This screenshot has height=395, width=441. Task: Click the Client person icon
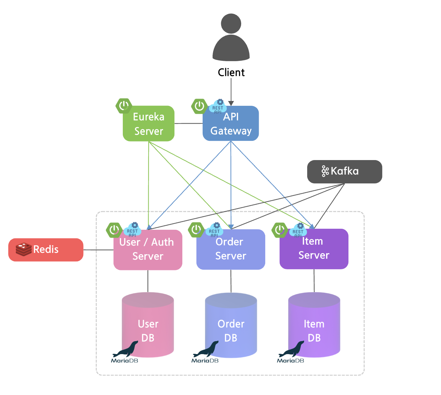(x=231, y=38)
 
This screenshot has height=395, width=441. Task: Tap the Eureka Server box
(x=149, y=124)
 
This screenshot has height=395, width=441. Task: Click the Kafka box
(x=344, y=171)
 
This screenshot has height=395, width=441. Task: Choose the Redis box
(x=46, y=250)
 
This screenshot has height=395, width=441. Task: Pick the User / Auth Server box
(x=148, y=250)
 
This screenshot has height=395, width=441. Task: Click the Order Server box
(x=231, y=250)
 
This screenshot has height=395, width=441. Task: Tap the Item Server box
(x=314, y=249)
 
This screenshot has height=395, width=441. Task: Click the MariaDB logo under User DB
(x=125, y=352)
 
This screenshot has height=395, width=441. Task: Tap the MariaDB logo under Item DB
(x=291, y=352)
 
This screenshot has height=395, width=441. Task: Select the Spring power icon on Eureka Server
(x=124, y=106)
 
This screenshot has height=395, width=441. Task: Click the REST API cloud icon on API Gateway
(x=218, y=107)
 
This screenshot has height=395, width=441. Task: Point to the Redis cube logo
(x=23, y=249)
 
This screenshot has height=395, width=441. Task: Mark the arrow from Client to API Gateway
(x=231, y=91)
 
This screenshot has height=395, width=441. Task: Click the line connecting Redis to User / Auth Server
(x=98, y=250)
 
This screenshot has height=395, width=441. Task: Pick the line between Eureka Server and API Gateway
(x=189, y=123)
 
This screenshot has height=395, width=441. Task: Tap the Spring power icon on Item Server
(x=279, y=230)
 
